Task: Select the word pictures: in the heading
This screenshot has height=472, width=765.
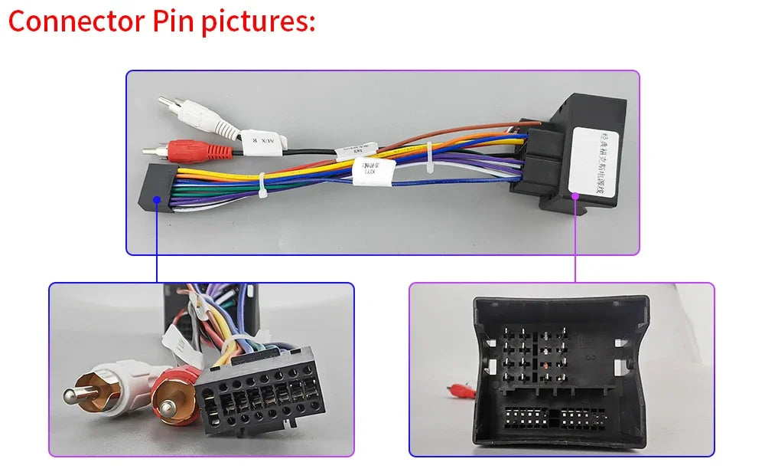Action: (x=258, y=22)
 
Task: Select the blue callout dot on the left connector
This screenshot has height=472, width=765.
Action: (x=157, y=199)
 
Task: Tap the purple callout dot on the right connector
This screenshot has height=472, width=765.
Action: (x=575, y=195)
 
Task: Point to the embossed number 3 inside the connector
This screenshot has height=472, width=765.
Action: (x=590, y=357)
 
